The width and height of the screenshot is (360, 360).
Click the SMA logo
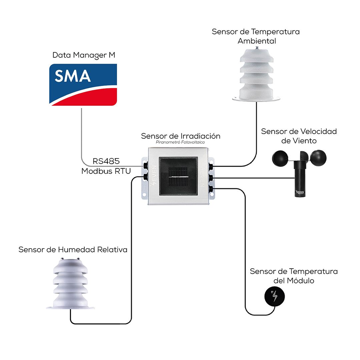(x=83, y=85)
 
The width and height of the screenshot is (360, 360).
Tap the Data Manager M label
(x=84, y=55)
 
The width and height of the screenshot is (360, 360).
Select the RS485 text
(x=106, y=161)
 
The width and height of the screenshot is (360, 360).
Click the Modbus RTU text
(x=106, y=171)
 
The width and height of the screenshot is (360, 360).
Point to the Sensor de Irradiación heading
(x=181, y=136)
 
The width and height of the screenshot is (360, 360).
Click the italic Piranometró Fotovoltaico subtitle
(x=180, y=142)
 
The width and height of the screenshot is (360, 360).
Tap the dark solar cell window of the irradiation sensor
(x=178, y=176)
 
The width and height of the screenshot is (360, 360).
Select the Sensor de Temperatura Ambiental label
(x=256, y=36)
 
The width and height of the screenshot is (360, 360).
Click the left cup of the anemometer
(x=280, y=158)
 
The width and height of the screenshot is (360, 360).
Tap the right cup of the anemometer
(x=318, y=157)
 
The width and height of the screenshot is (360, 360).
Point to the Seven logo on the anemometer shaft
(x=300, y=192)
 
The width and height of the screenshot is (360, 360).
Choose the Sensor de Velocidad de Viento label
(x=299, y=136)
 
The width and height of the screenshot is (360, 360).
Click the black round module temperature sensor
(x=275, y=296)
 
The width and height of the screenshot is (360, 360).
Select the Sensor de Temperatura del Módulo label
(x=294, y=276)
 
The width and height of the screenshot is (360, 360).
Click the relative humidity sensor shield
(x=70, y=284)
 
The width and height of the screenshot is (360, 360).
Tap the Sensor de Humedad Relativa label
(x=73, y=250)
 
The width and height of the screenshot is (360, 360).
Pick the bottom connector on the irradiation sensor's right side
(x=211, y=189)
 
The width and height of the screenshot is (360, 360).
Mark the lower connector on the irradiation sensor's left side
(x=145, y=177)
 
